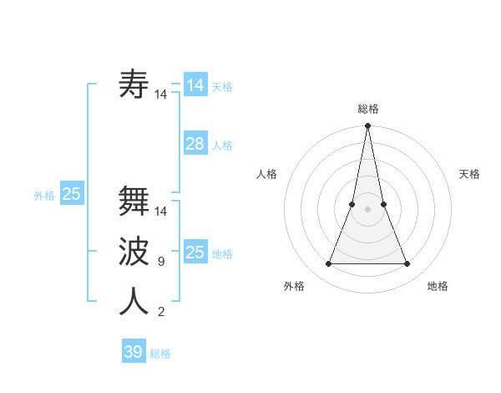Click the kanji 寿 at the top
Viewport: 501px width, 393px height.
(x=134, y=84)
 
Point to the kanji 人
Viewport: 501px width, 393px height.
(x=134, y=301)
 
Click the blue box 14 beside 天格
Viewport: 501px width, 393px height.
(x=195, y=85)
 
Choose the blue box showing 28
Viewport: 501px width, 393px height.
(x=195, y=144)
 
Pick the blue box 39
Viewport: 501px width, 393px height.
(x=134, y=352)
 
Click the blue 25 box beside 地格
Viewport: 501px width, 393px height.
(x=195, y=253)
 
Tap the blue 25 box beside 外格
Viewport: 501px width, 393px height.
(x=71, y=194)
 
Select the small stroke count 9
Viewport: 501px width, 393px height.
(x=160, y=262)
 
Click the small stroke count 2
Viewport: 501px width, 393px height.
(x=160, y=312)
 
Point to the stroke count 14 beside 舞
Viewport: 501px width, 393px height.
(x=161, y=212)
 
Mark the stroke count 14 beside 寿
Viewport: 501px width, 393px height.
(x=161, y=94)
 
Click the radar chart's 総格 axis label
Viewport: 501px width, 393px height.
(x=367, y=109)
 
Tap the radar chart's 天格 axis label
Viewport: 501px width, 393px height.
(x=469, y=174)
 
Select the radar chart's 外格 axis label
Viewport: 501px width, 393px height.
(x=294, y=286)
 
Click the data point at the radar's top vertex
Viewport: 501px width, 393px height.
(x=367, y=126)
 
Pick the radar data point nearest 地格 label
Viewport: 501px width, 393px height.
(x=407, y=264)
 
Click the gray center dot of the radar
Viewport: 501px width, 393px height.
(x=367, y=209)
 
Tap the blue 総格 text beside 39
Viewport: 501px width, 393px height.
(x=160, y=354)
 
